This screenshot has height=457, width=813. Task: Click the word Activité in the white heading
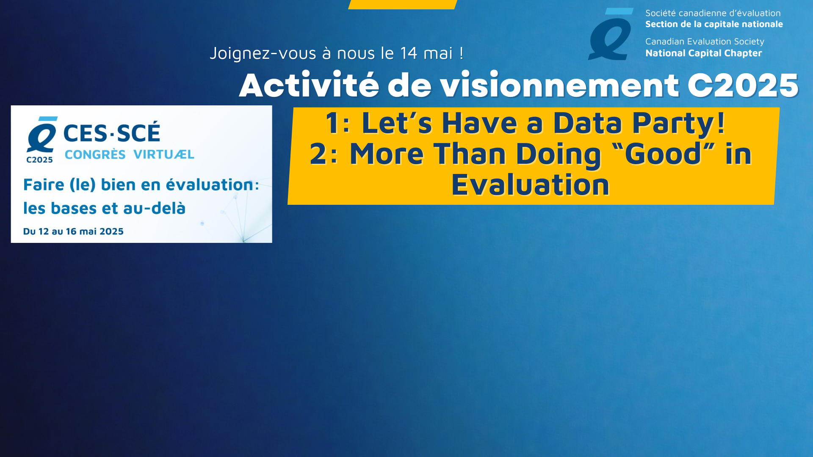tap(309, 85)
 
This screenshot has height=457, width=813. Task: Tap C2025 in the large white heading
tap(743, 85)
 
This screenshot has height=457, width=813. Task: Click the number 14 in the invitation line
tap(409, 53)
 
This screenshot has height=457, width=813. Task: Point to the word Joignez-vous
tap(263, 54)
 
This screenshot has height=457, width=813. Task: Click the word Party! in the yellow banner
tap(678, 124)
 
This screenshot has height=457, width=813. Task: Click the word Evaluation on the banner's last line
tap(530, 185)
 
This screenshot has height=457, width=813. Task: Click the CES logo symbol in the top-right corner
tap(610, 34)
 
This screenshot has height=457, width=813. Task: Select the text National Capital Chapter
tap(703, 53)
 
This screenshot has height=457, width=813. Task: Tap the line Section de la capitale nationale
tap(714, 25)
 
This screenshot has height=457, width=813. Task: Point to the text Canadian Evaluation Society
tap(705, 41)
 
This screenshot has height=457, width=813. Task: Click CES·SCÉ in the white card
tap(112, 132)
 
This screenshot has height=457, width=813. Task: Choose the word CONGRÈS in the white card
tap(95, 154)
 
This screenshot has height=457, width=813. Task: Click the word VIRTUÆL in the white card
tap(164, 154)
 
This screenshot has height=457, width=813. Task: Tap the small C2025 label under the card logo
tap(39, 160)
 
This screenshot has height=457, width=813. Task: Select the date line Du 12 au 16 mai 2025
tap(73, 231)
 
